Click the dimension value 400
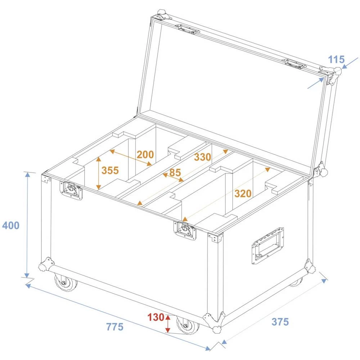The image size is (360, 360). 10,226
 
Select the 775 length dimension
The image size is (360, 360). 115,327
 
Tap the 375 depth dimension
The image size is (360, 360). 280,322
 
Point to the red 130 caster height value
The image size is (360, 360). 156,318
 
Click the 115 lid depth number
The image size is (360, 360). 336,59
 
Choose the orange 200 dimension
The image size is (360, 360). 145,155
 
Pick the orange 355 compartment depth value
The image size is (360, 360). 110,170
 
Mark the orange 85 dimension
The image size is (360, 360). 175,173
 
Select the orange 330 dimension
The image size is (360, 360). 202,157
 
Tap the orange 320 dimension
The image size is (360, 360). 243,194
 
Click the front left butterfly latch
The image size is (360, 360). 71,190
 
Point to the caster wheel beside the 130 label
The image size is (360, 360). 188,324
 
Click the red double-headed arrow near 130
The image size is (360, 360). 168,323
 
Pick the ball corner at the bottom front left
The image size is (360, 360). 45,266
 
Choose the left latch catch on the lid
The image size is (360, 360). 187,28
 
